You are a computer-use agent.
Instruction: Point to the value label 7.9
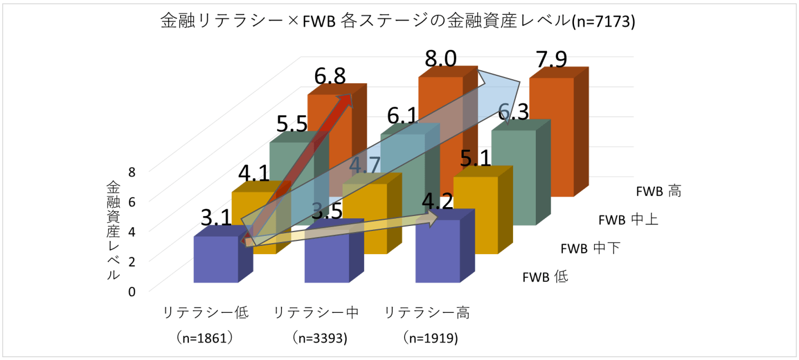coord(551,60)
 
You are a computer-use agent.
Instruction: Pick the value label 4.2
coord(438,203)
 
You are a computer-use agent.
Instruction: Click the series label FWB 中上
coord(628,220)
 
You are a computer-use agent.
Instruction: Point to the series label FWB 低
coord(545,277)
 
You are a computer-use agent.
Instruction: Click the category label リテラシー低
coord(205,313)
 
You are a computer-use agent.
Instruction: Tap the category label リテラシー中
coord(316,313)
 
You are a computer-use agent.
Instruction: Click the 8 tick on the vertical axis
coord(131,172)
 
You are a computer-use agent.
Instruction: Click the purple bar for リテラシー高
coord(438,252)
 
